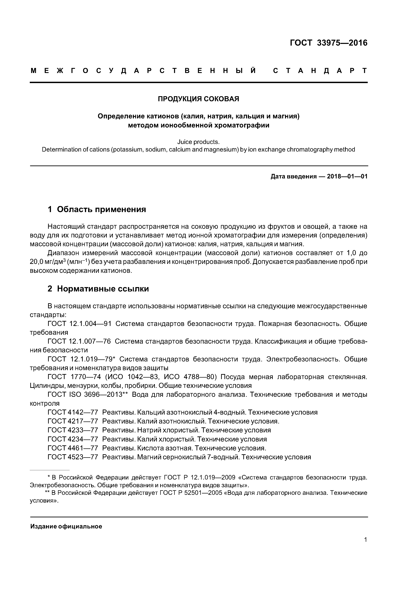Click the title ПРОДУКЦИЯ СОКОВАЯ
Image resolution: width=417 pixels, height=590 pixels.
coord(198,99)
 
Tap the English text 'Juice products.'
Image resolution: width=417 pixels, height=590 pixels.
coord(198,142)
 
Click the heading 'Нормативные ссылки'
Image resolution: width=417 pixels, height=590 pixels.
coord(103,289)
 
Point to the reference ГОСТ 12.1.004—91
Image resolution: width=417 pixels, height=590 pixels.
coord(80,324)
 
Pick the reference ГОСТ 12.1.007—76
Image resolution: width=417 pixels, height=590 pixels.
coord(79,342)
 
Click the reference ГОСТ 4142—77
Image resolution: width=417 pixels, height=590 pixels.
coord(73,412)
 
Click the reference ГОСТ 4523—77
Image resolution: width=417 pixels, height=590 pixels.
coord(73,457)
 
